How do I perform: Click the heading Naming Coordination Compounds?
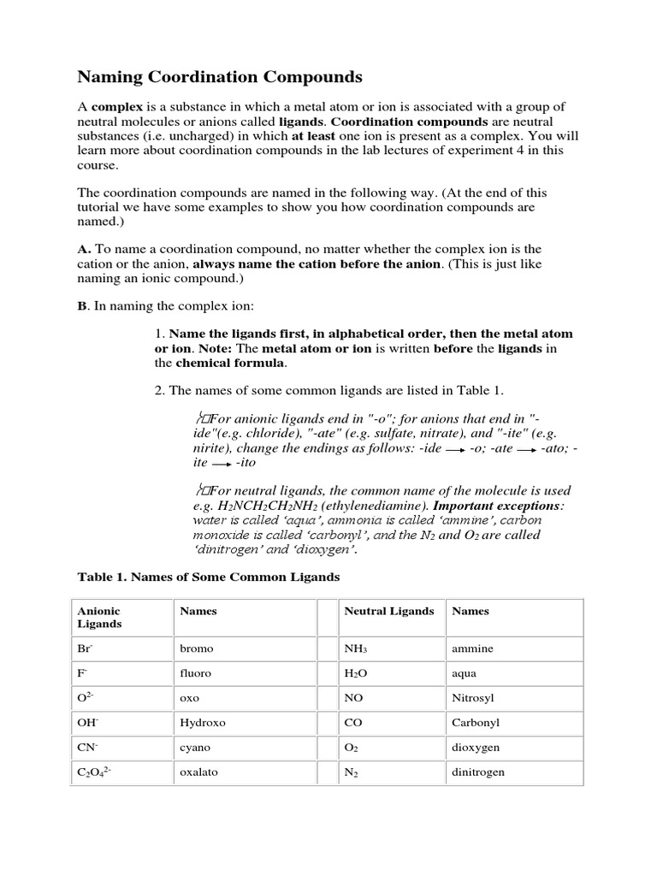tap(220, 78)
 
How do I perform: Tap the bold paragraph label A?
tap(83, 248)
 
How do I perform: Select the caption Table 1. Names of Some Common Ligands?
tap(209, 577)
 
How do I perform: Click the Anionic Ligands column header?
tap(99, 618)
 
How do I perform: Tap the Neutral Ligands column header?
tap(388, 612)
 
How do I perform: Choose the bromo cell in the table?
tap(195, 649)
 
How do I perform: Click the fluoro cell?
tap(195, 674)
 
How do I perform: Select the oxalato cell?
tap(198, 772)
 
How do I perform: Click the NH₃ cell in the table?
tap(355, 649)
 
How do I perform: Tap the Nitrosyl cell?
tap(472, 698)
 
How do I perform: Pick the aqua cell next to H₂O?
tap(465, 674)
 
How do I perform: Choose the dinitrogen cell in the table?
tap(478, 772)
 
